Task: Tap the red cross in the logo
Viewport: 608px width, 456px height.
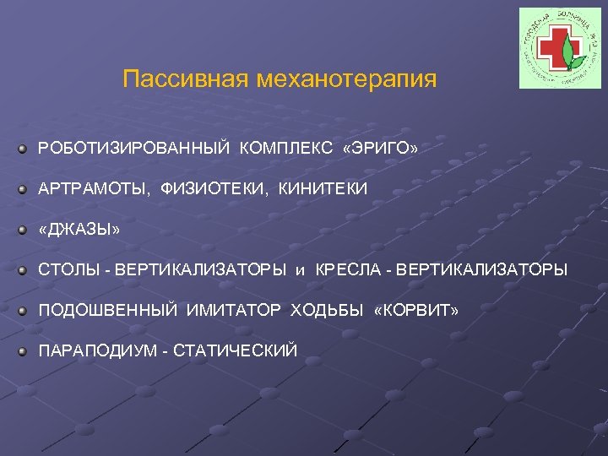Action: [552, 50]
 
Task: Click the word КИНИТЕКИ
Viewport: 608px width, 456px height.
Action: [323, 189]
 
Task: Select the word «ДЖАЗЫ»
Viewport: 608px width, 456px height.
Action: [79, 230]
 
